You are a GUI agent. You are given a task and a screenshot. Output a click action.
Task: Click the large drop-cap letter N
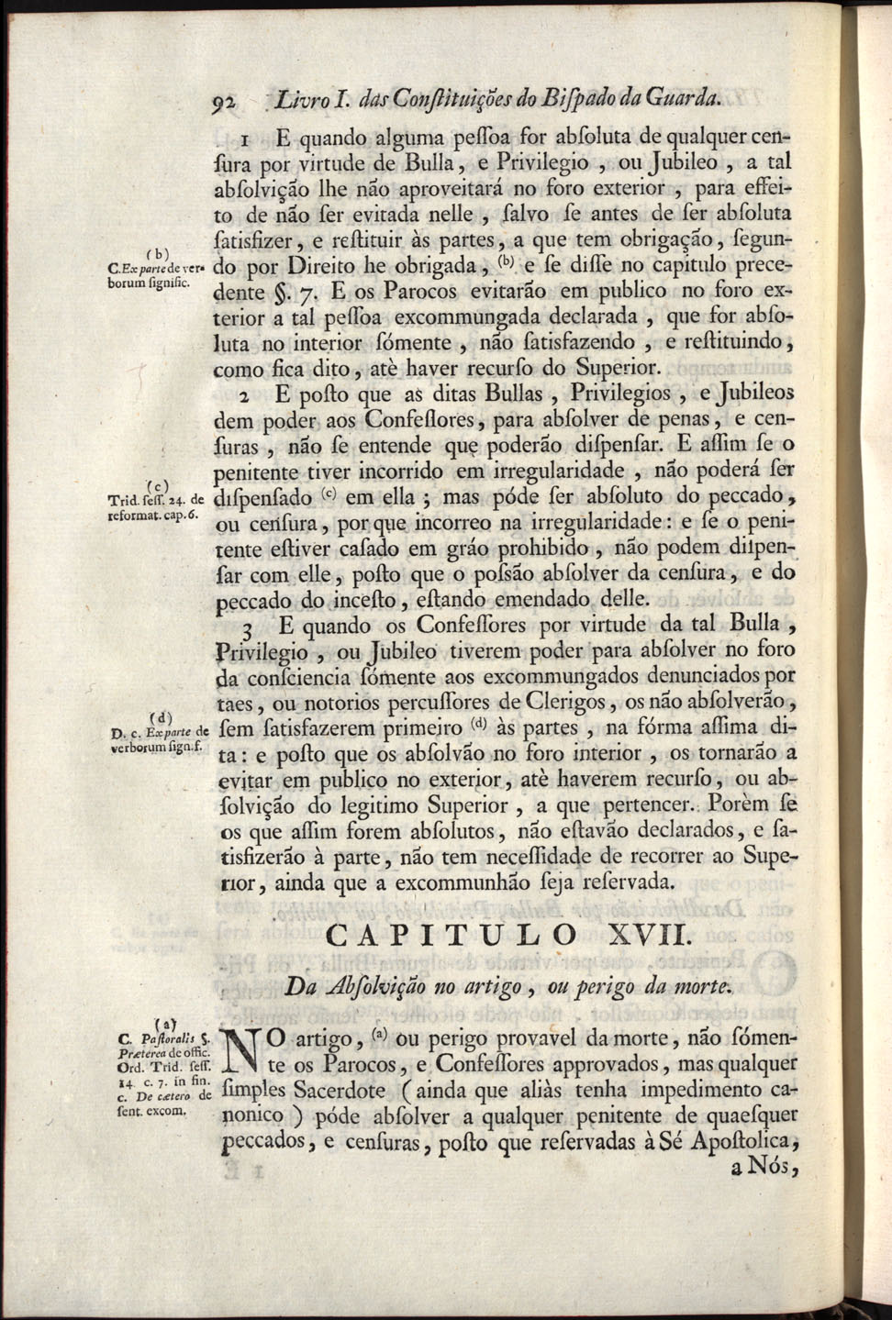click(x=239, y=1056)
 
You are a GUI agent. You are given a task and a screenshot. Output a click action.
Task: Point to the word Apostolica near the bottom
click(x=737, y=1143)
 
